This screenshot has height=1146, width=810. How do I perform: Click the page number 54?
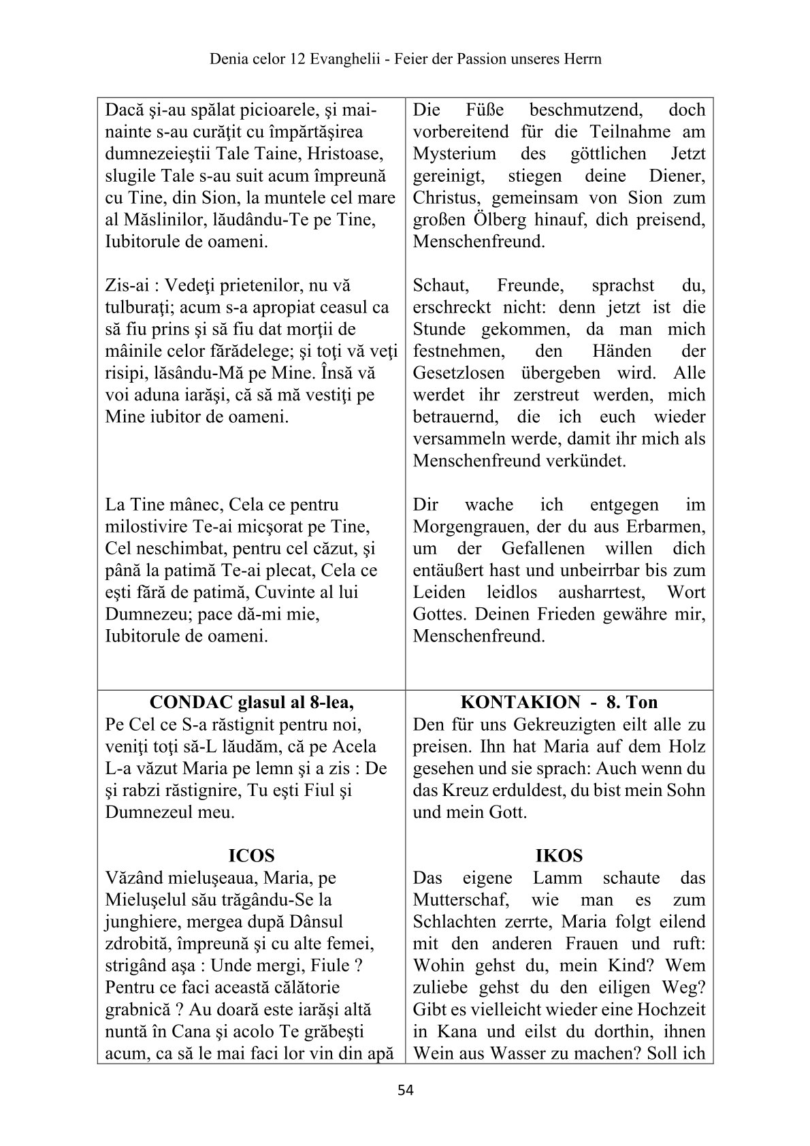coord(405,1090)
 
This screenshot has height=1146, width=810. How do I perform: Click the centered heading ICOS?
coord(251,855)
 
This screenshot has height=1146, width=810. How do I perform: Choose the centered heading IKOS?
coord(559,855)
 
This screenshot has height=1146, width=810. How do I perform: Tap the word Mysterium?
coord(455,154)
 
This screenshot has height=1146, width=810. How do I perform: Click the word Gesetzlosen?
coord(459,373)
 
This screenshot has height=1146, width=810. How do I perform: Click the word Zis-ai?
coord(127,285)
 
